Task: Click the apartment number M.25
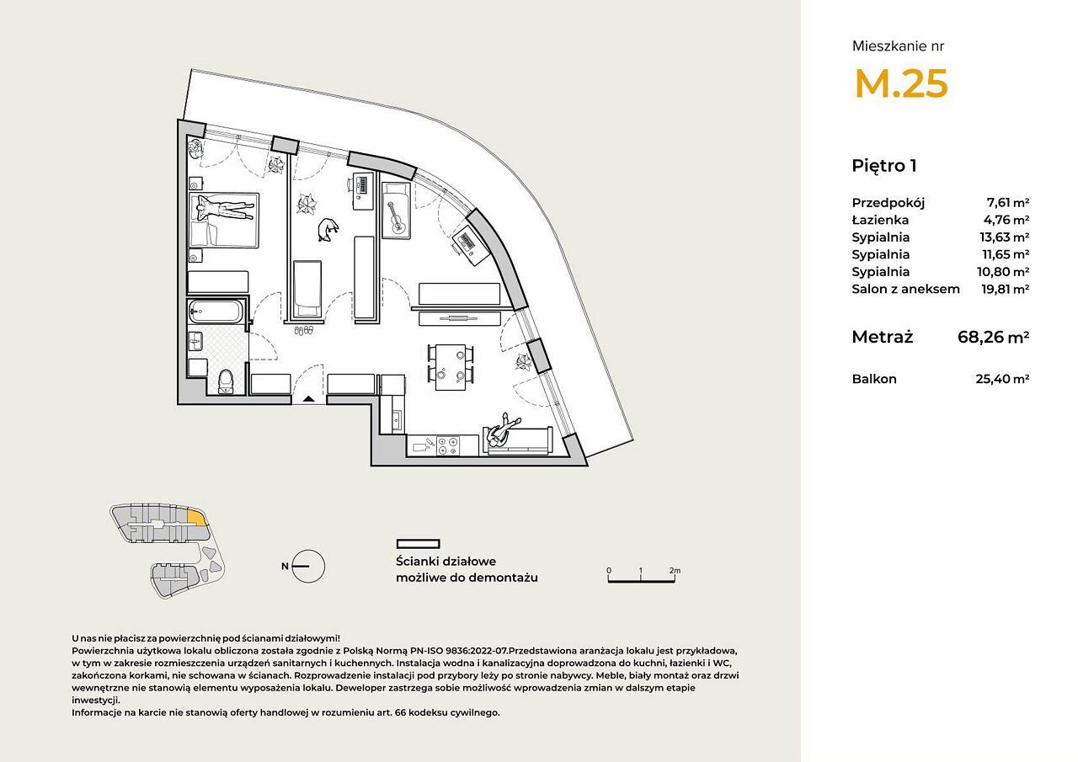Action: click(901, 83)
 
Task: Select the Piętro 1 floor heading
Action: click(884, 166)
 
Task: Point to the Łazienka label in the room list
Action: click(880, 220)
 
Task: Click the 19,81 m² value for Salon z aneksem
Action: click(1006, 289)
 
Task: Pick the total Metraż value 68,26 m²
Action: click(993, 337)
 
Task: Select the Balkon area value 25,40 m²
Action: click(1002, 379)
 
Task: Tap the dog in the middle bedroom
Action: click(328, 230)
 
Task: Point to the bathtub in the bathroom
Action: click(216, 312)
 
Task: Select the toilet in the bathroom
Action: click(225, 382)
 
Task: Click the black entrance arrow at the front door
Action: click(309, 398)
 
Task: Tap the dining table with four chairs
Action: click(451, 368)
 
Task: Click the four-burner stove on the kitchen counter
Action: click(447, 446)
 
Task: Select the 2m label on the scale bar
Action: click(675, 571)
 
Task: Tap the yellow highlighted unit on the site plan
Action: click(196, 518)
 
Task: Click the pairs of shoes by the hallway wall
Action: click(304, 331)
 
